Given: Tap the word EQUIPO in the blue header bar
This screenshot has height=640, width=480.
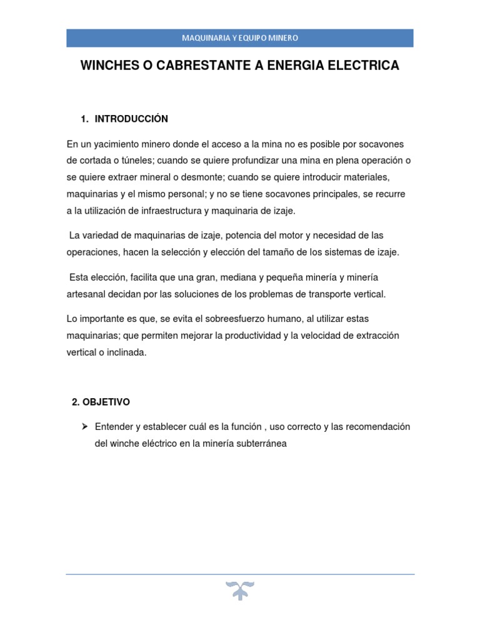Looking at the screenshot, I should [254, 38].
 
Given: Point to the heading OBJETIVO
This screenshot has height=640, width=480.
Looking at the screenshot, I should [106, 402].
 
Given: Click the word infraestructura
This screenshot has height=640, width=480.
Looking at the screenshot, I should [164, 211].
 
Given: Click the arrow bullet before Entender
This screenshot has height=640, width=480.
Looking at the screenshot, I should [84, 427].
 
